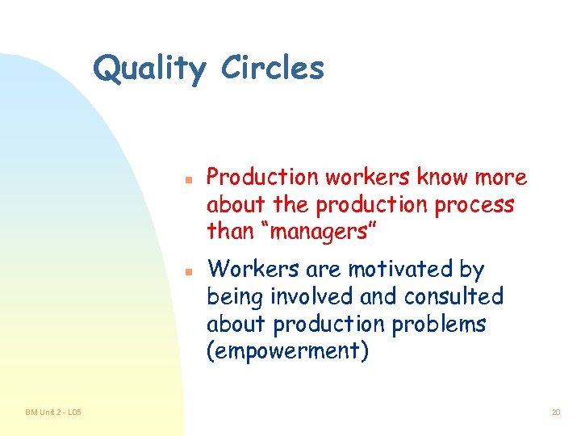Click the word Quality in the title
[x=149, y=69]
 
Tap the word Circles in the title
[x=272, y=68]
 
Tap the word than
[x=230, y=232]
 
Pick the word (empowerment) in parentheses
[x=287, y=352]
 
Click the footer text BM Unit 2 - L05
[x=52, y=413]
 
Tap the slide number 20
[x=555, y=413]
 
